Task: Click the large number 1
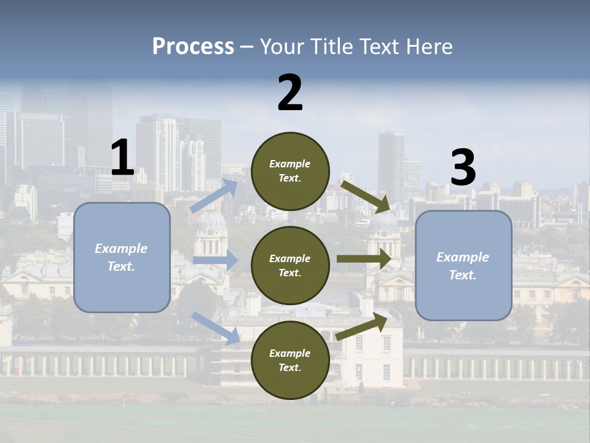point(122,158)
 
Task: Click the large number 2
point(290,93)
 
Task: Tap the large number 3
point(463,168)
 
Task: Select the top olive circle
point(291,171)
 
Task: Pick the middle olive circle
point(291,266)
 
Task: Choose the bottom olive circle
point(291,361)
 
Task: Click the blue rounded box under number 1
point(122,257)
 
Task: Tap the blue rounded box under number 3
point(463,266)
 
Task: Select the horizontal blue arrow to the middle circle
point(215,260)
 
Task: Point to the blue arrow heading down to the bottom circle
point(216,327)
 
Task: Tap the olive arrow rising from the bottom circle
point(362,327)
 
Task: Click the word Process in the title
point(193,46)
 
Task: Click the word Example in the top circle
point(290,164)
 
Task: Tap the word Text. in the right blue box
point(463,275)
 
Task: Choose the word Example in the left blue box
point(121,249)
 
